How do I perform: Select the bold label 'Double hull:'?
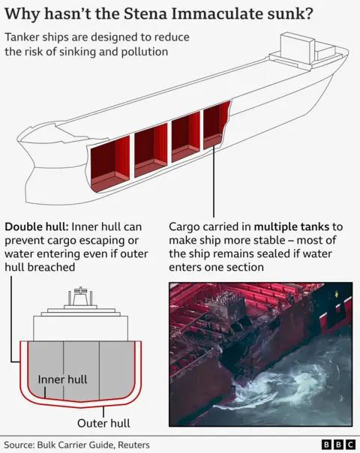point(37,226)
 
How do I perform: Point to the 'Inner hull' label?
point(62,379)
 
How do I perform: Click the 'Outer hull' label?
point(104,423)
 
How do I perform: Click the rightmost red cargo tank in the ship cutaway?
point(215,125)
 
